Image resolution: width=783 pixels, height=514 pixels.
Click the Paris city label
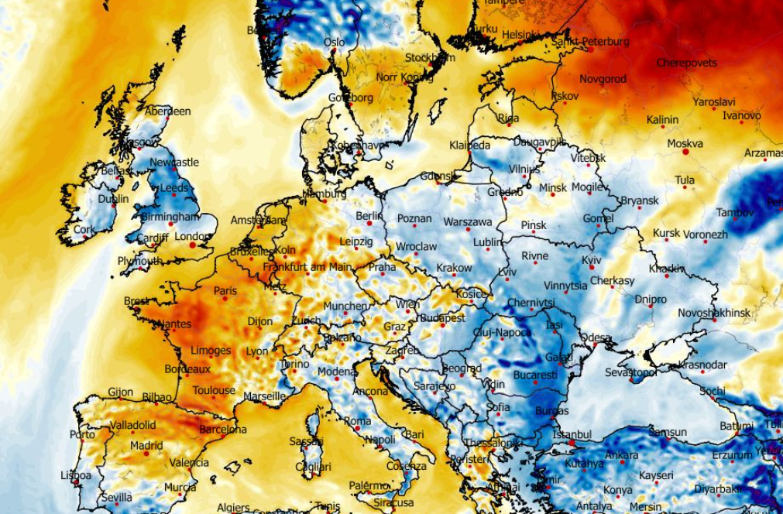pyautogui.click(x=225, y=291)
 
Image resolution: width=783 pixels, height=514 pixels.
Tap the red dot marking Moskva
pyautogui.click(x=685, y=152)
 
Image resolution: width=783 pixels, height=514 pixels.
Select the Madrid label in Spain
pyautogui.click(x=147, y=445)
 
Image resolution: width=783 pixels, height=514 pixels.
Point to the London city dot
pyautogui.click(x=192, y=245)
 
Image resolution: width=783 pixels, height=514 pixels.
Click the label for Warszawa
pyautogui.click(x=468, y=222)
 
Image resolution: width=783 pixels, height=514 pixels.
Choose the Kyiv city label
pyautogui.click(x=591, y=260)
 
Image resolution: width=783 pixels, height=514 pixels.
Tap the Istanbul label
pyautogui.click(x=572, y=434)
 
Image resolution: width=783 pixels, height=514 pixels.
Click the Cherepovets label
pyautogui.click(x=687, y=63)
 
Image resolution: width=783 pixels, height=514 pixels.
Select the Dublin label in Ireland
pyautogui.click(x=114, y=199)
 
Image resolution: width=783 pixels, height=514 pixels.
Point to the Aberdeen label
pyautogui.click(x=167, y=111)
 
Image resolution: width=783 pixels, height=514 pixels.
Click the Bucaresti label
pyautogui.click(x=535, y=375)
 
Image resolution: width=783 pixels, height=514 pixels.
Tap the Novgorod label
pyautogui.click(x=603, y=79)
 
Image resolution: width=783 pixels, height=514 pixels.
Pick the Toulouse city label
pyautogui.click(x=214, y=390)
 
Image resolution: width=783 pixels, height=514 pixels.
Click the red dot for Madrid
pyautogui.click(x=146, y=454)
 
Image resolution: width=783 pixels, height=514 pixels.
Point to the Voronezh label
pyautogui.click(x=706, y=234)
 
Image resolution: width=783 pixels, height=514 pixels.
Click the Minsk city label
pyautogui.click(x=553, y=187)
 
